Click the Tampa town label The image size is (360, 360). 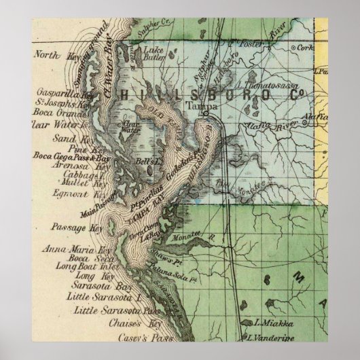[x=196, y=107]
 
